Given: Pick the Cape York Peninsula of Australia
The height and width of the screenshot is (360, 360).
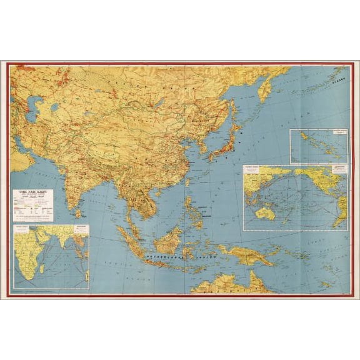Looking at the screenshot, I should click(254, 278).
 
